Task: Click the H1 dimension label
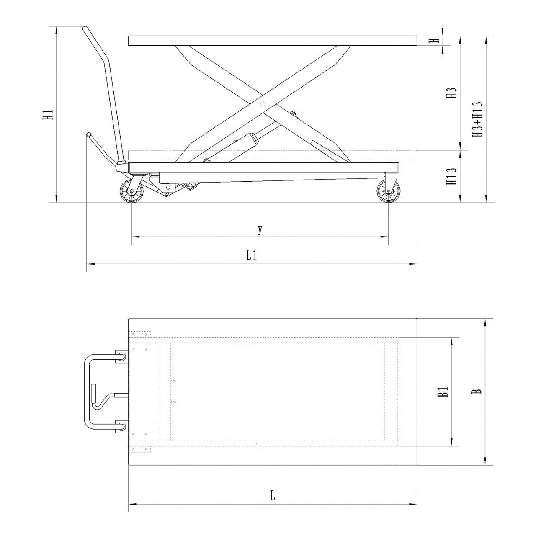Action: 48,115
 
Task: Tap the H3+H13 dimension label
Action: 477,119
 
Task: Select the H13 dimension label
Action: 451,176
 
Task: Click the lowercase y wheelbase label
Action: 260,230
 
